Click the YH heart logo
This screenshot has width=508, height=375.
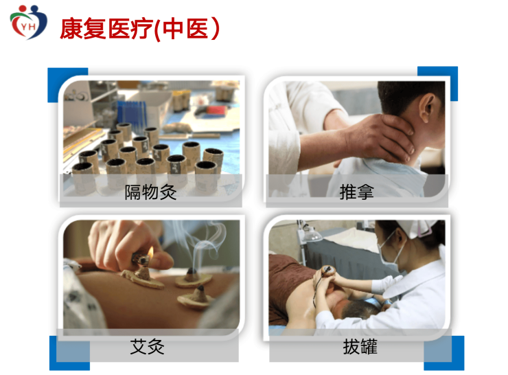tap(28, 22)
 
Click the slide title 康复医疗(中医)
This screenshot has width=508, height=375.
tap(140, 29)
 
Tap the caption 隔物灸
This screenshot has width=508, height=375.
tap(150, 192)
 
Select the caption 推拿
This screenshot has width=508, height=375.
tap(357, 192)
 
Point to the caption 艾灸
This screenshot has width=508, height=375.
tap(148, 346)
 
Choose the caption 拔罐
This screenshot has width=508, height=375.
tap(360, 346)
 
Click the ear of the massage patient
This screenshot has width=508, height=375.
tap(427, 107)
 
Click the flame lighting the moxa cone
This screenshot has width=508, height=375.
tap(150, 251)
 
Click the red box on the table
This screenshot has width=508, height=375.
tap(218, 110)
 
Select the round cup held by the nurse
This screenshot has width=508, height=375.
tap(327, 271)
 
